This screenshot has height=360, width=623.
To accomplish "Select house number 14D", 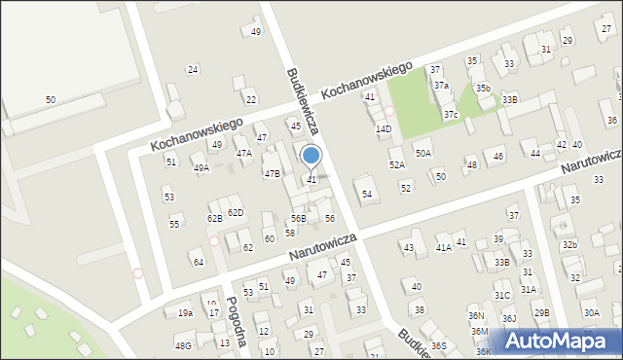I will pyautogui.click(x=384, y=128).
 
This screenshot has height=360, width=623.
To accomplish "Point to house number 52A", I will pyautogui.click(x=397, y=164).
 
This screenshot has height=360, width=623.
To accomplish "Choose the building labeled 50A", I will pyautogui.click(x=422, y=153).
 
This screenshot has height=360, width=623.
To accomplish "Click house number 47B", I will pyautogui.click(x=272, y=173).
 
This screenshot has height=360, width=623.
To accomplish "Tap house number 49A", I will pyautogui.click(x=201, y=168).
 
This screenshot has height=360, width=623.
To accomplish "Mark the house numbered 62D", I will pyautogui.click(x=236, y=212).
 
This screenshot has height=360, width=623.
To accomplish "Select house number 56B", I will pyautogui.click(x=298, y=219).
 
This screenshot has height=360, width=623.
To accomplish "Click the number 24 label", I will pyautogui.click(x=193, y=69).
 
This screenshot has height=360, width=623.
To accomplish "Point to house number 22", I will pyautogui.click(x=250, y=99).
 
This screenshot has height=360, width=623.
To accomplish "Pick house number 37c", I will pyautogui.click(x=451, y=115).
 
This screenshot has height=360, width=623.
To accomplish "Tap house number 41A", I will pyautogui.click(x=443, y=248).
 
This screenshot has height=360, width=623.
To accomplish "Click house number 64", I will pyautogui.click(x=198, y=262).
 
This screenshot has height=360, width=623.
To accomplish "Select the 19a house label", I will pyautogui.click(x=185, y=313).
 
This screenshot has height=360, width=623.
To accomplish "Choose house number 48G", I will pyautogui.click(x=182, y=345).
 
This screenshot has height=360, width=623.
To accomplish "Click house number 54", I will pyautogui.click(x=367, y=195).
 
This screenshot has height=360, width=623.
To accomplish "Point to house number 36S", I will pyautogui.click(x=439, y=345).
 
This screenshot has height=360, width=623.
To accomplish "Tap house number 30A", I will pyautogui.click(x=591, y=312).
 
